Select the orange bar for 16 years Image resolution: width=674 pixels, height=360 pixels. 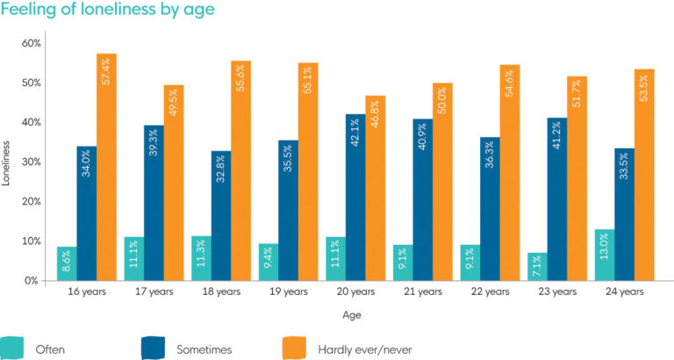pos(107,167)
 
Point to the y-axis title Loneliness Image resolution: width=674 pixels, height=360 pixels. pos(8,162)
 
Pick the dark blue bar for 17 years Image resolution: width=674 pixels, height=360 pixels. pos(154,203)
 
